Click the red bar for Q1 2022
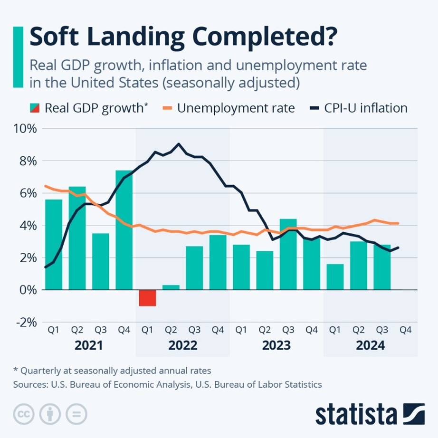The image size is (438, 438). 147,298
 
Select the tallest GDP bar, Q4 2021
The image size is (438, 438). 124,230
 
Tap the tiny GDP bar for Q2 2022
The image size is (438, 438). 171,287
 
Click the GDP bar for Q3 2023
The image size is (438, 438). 288,254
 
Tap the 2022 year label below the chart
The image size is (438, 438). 182,345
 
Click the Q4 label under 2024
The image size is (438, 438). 405,330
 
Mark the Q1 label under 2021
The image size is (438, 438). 54,330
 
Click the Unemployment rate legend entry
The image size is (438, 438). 236,108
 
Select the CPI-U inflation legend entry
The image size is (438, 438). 365,108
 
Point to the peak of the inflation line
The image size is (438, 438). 179,143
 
